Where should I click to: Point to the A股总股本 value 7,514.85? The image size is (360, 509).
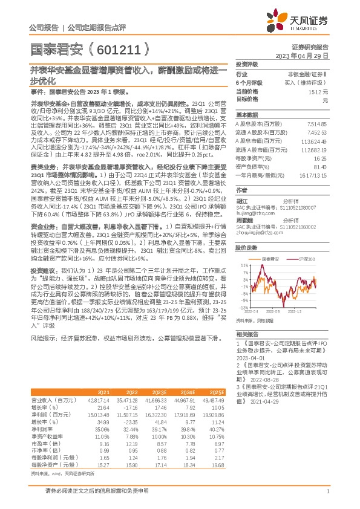(x=318, y=123)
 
